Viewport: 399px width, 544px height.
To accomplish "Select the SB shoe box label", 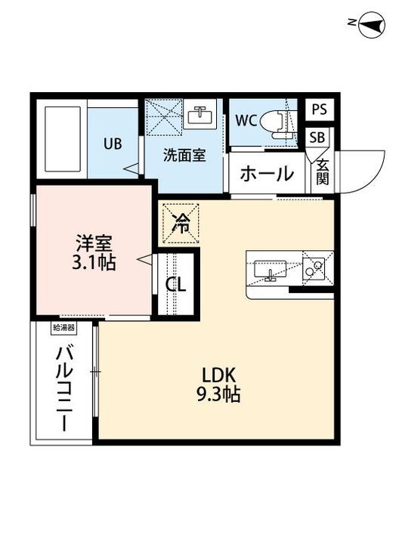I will pyautogui.click(x=317, y=138).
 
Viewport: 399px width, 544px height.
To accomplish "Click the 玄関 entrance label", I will pyautogui.click(x=323, y=172).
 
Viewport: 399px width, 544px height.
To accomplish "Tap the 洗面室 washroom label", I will pyautogui.click(x=184, y=155).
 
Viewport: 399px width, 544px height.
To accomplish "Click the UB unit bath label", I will pyautogui.click(x=113, y=143).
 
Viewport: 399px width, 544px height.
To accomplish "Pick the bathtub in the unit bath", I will pyautogui.click(x=61, y=140).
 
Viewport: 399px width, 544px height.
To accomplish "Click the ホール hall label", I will pyautogui.click(x=267, y=175).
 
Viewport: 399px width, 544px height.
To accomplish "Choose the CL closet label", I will pyautogui.click(x=176, y=284).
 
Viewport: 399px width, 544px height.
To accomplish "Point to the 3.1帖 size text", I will pyautogui.click(x=94, y=264).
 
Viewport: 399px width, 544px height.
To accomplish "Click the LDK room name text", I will pyautogui.click(x=219, y=374).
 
